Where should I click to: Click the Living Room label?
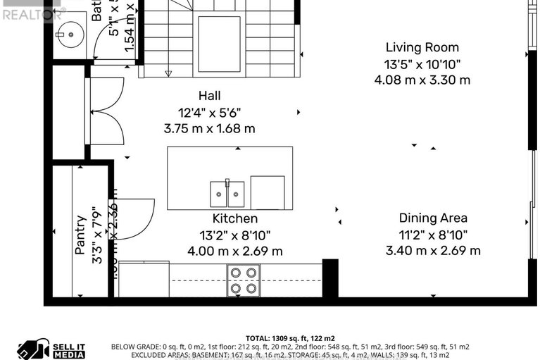pos(422,48)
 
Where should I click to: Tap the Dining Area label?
pos(433,218)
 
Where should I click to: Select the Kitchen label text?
pos(235,219)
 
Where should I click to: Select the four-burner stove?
pos(243,280)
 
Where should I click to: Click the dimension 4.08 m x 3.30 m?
pos(422,80)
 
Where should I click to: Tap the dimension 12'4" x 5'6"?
pos(209,113)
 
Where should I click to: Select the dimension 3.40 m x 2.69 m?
pos(433,251)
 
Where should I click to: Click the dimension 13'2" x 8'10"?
pos(235,235)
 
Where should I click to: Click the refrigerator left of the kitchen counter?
pos(144,280)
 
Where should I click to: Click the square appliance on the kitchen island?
pos(268,192)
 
